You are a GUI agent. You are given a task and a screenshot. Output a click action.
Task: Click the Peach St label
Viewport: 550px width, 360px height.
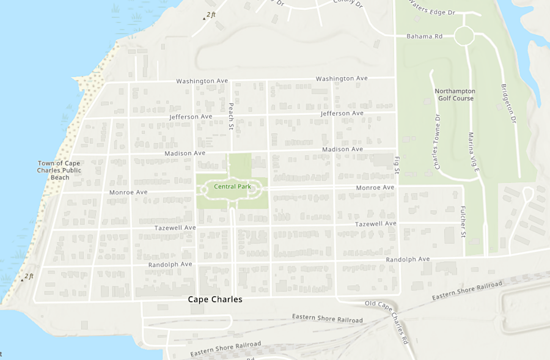click(232, 112)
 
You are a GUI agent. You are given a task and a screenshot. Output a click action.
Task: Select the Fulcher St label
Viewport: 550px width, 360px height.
click(463, 221)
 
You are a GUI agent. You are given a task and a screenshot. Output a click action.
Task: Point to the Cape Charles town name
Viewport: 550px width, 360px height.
click(215, 299)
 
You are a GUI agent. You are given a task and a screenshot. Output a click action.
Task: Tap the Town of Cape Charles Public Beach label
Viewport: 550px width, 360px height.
click(59, 170)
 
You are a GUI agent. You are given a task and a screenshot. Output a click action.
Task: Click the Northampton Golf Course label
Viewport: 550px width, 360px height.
click(455, 95)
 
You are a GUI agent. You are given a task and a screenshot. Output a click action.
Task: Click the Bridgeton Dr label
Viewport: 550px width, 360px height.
click(509, 104)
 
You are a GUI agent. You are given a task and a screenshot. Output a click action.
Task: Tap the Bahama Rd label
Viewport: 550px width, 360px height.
click(424, 37)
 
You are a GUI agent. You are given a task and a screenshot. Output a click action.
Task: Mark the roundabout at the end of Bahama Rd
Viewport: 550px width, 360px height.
click(464, 36)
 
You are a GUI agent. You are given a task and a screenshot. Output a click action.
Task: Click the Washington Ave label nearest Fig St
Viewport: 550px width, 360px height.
click(342, 78)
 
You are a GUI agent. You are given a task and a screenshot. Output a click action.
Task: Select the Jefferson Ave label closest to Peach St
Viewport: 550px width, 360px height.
click(191, 116)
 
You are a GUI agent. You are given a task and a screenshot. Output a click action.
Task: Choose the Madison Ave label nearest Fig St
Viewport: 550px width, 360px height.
click(342, 149)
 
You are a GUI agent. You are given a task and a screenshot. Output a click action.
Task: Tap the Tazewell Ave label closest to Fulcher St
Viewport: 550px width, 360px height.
click(376, 224)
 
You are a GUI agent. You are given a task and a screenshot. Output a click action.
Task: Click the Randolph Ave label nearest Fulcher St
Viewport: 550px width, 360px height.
click(408, 260)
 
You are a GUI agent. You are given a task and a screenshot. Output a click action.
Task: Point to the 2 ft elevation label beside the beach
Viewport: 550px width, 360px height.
click(29, 276)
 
